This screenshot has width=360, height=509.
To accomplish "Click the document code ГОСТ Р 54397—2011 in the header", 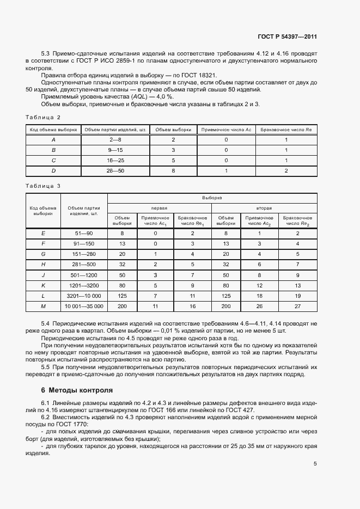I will tap(287, 36).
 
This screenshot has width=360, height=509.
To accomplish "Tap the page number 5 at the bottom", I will tap(315, 464).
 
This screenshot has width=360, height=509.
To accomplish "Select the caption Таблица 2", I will tap(43, 117).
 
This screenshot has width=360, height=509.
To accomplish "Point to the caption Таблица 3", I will tap(43, 186).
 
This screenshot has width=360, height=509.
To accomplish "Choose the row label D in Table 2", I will tap(53, 171).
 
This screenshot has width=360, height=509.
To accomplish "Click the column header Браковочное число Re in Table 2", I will tap(286, 130).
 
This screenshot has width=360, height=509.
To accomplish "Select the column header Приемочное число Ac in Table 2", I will tap(226, 130).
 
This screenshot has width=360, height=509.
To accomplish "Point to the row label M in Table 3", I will tap(43, 307).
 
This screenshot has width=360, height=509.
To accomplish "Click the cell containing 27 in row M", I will tap(298, 307).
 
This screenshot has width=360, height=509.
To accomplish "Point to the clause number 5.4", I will tap(46, 324).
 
